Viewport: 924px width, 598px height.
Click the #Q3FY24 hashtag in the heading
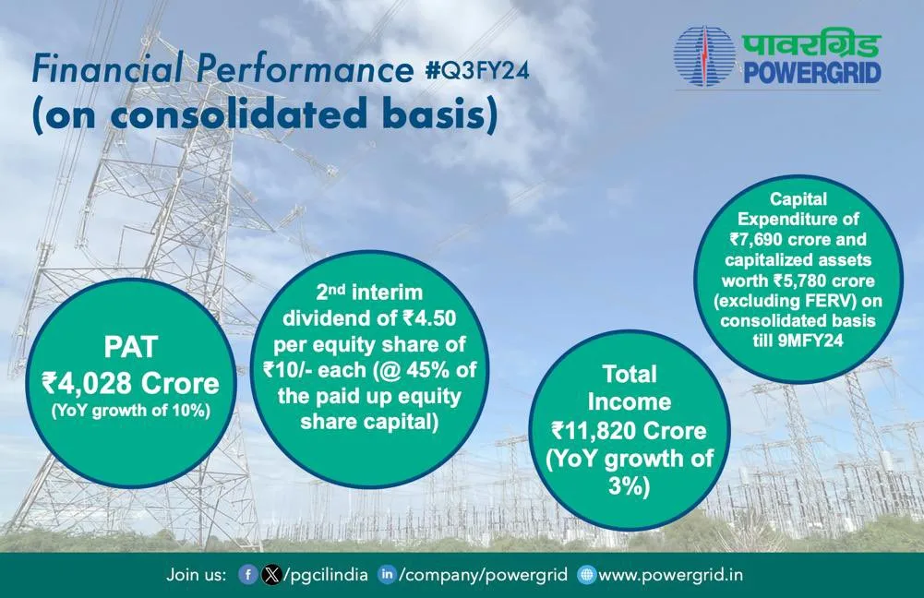pyautogui.click(x=476, y=70)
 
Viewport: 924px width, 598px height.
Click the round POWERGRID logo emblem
pyautogui.click(x=705, y=57)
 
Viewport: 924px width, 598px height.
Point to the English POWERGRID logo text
pyautogui.click(x=812, y=73)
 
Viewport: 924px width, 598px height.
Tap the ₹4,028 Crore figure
pyautogui.click(x=130, y=384)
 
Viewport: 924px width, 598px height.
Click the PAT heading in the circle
pyautogui.click(x=130, y=346)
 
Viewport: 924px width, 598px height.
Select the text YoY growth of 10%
pyautogui.click(x=131, y=411)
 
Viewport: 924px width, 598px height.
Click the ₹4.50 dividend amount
pyautogui.click(x=429, y=318)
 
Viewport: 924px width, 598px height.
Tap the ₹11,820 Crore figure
pyautogui.click(x=629, y=431)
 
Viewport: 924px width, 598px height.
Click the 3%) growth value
pyautogui.click(x=630, y=486)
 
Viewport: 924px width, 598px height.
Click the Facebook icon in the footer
pyautogui.click(x=247, y=574)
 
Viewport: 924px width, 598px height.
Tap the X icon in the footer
pyautogui.click(x=270, y=574)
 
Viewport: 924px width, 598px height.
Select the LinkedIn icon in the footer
pyautogui.click(x=387, y=574)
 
